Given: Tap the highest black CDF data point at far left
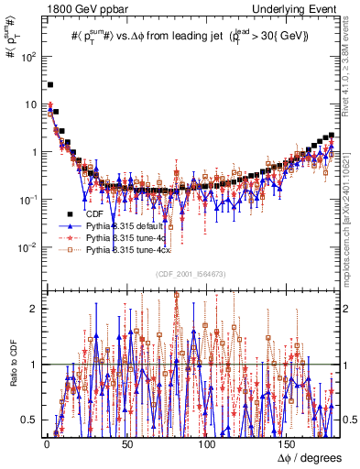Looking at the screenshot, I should [x=49, y=85].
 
